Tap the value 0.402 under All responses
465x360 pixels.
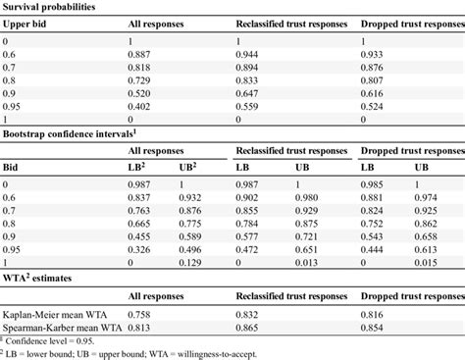143,107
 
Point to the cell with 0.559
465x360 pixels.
250,107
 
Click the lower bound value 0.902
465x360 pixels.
250,198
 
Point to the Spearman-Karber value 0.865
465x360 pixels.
250,329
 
